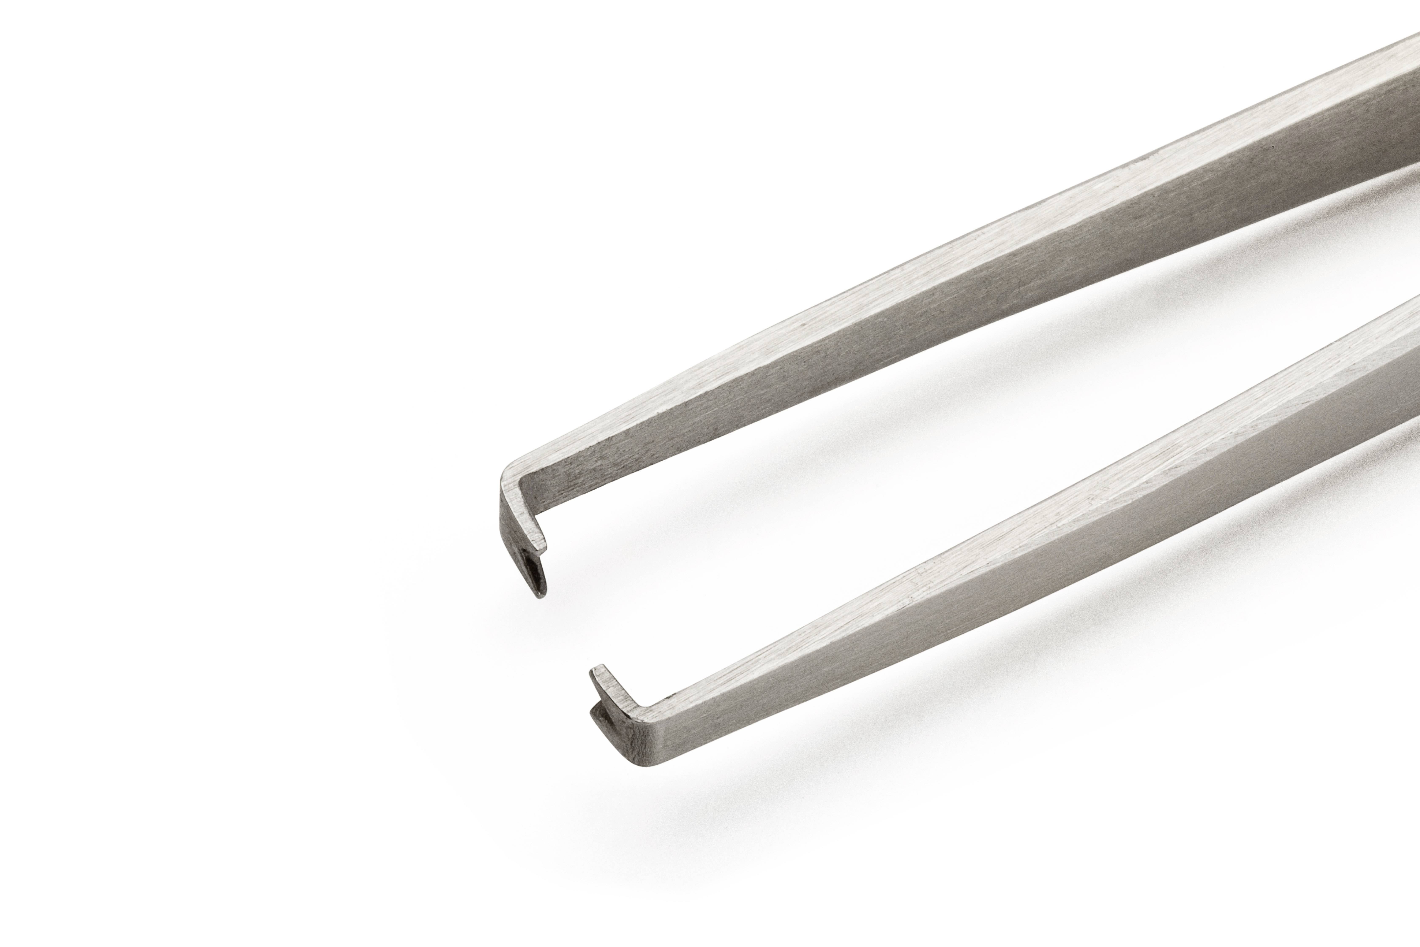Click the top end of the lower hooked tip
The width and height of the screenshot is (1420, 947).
coord(598,668)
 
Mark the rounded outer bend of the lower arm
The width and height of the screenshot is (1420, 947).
coord(640,762)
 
